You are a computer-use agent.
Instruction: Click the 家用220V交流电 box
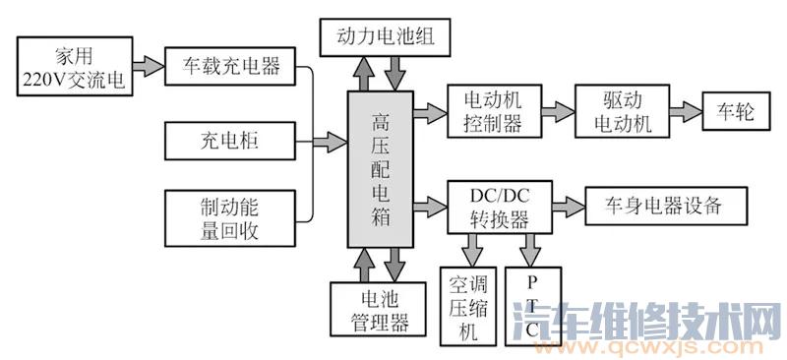click(x=75, y=67)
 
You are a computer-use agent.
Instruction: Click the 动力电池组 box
click(x=385, y=37)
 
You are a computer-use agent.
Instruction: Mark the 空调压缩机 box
click(x=468, y=307)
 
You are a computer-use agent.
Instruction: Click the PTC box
click(x=531, y=307)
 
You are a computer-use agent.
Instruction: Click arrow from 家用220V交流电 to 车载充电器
click(x=148, y=67)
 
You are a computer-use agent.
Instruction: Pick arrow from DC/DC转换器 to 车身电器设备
click(x=565, y=206)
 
